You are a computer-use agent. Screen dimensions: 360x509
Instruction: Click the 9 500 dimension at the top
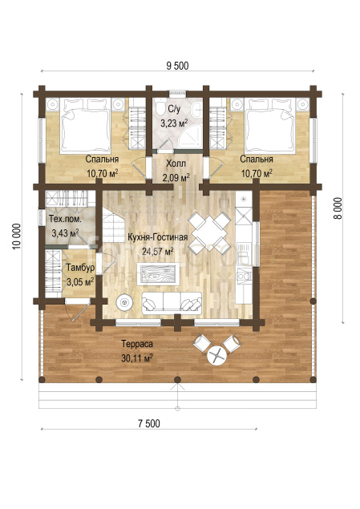[177, 66]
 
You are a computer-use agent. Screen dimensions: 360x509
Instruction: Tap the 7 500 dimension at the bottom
[149, 423]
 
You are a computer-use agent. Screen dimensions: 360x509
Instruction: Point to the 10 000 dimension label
[17, 236]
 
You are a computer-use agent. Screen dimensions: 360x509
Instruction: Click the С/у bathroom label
[174, 109]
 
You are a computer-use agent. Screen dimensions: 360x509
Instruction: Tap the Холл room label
[176, 164]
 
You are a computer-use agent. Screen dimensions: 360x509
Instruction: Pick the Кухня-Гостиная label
[157, 237]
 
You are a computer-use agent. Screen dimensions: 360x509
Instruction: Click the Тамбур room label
[80, 268]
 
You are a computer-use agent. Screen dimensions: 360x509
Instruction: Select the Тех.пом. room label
[65, 219]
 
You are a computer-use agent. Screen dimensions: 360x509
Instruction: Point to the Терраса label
[136, 344]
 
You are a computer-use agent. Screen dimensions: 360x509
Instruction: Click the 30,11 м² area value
[137, 358]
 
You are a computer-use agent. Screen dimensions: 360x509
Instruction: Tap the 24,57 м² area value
[157, 251]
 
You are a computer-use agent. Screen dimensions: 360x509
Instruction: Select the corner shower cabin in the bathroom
[190, 139]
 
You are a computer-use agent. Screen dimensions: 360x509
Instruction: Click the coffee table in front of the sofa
[158, 274]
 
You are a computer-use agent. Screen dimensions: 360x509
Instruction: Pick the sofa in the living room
[172, 302]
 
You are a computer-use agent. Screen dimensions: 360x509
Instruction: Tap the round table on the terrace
[217, 355]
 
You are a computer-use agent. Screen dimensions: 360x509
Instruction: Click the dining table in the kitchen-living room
[210, 231]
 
